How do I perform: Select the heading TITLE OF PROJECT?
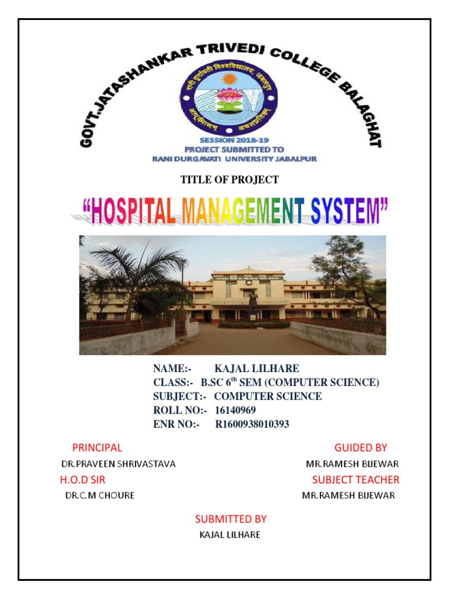[x=229, y=180]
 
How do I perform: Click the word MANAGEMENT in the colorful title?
[x=237, y=212]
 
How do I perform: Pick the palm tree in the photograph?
[x=136, y=275]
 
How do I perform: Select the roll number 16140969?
[x=235, y=410]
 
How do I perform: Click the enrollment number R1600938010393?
[x=252, y=424]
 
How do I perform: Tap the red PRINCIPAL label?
[x=97, y=448]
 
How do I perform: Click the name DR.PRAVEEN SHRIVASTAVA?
[x=119, y=464]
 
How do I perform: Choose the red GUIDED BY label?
[x=361, y=448]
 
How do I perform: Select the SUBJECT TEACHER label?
[x=355, y=480]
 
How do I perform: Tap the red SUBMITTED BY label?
[x=231, y=519]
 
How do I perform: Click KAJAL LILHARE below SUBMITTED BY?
[x=230, y=535]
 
